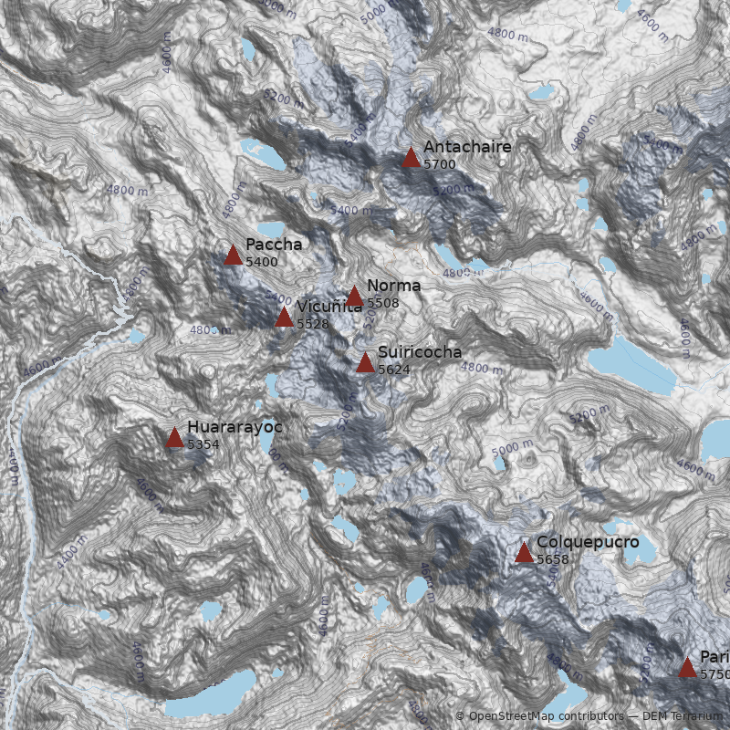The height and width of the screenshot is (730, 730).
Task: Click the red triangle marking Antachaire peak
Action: tap(411, 158)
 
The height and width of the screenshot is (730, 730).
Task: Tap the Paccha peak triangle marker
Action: tap(233, 255)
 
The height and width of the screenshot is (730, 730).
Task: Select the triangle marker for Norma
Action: tap(354, 297)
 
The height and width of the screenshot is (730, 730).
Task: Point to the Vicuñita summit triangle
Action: tap(284, 318)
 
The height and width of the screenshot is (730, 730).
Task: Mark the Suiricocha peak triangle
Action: tap(365, 363)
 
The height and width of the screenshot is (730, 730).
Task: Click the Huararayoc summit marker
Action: tap(174, 438)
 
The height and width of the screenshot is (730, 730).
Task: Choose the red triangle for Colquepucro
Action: tap(524, 552)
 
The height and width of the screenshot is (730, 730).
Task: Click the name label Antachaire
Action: tap(467, 147)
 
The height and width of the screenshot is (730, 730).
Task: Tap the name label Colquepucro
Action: tap(587, 542)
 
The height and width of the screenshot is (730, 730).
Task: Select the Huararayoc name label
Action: tap(235, 427)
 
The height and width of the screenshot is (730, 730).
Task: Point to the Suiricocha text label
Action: tap(419, 352)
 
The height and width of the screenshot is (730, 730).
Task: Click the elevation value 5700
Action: tap(439, 164)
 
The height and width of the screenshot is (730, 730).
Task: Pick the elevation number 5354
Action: tap(203, 444)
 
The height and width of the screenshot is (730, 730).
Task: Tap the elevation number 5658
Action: tap(552, 559)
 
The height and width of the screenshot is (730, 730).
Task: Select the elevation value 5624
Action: tap(393, 370)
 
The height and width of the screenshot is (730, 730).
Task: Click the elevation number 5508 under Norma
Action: tap(382, 303)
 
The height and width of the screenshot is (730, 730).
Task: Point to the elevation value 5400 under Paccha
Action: tap(261, 262)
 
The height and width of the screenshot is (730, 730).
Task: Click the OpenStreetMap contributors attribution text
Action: tap(538, 716)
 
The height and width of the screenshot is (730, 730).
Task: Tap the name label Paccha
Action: tap(273, 245)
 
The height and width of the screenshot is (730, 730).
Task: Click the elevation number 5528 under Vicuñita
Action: tap(312, 324)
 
